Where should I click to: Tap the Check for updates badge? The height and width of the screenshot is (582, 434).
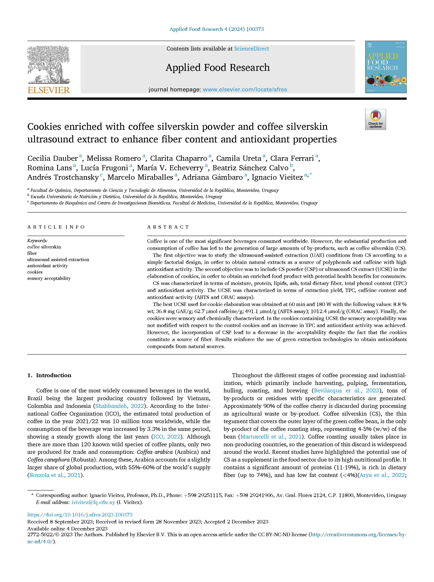coord(375,119)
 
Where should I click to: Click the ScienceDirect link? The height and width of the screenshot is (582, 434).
coord(251,49)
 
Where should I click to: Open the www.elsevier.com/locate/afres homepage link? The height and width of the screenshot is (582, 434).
coord(245,90)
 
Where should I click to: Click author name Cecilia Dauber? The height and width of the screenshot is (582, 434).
coord(52,158)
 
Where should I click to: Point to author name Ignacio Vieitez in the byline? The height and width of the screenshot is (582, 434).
coord(277,177)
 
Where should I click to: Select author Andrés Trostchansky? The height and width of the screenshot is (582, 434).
coord(63,177)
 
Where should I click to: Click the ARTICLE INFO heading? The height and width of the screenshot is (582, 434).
coord(56,227)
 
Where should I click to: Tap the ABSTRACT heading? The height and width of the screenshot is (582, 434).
coord(168,227)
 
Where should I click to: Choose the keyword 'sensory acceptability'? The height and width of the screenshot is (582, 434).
coord(49,278)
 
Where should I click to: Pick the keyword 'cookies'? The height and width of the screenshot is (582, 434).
coord(35,272)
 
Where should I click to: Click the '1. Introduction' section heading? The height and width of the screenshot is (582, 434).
coord(49,375)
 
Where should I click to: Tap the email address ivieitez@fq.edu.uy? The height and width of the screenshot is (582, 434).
coord(93,502)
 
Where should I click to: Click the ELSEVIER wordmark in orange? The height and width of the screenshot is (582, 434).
coord(49,90)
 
